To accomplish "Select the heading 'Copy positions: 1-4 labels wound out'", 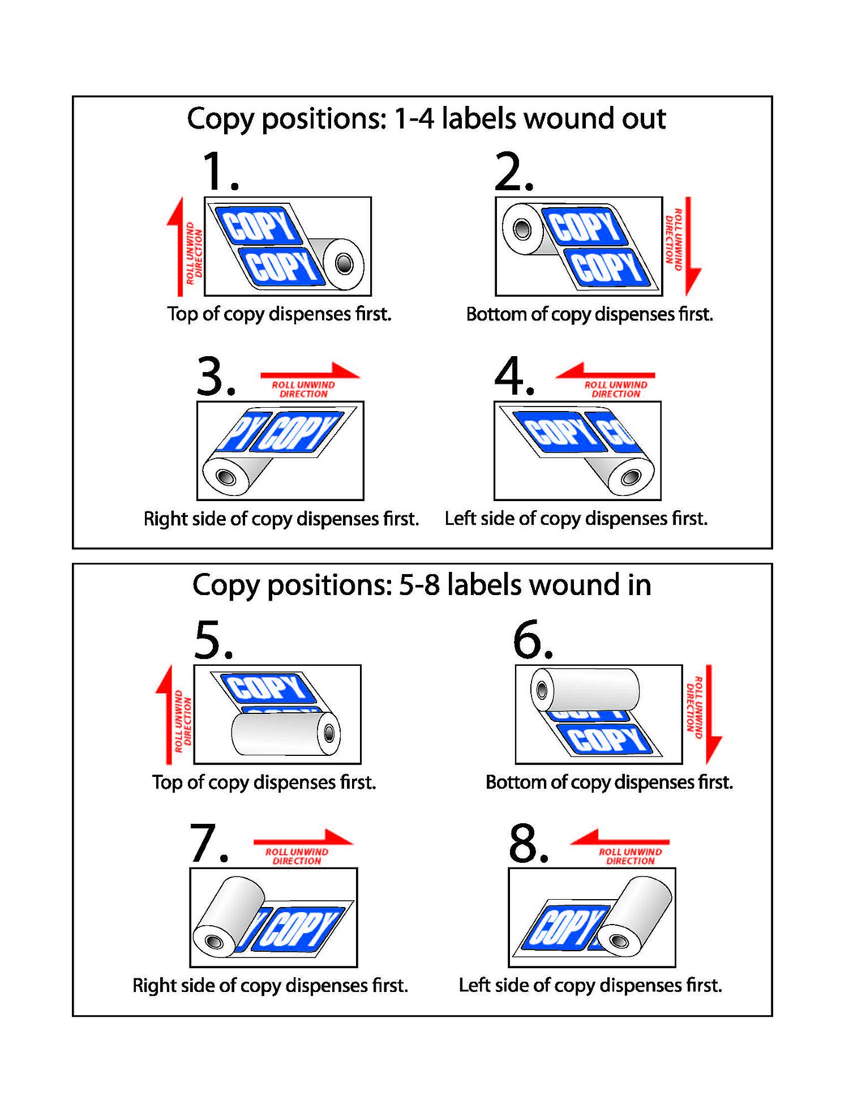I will click(426, 119).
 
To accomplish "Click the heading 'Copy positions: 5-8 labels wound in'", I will click(422, 585).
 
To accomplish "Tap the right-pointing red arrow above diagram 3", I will click(310, 372).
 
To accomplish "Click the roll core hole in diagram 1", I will click(344, 263).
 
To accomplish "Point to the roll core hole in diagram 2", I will click(521, 229).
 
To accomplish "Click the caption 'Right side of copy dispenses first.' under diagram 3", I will click(281, 519).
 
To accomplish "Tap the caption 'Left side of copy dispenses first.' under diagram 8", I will click(590, 985).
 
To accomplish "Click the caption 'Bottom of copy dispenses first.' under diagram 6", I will click(609, 782).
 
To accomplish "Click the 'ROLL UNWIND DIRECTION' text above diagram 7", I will click(297, 856).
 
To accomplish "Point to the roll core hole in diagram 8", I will click(619, 941).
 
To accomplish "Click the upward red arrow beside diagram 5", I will click(168, 715).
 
